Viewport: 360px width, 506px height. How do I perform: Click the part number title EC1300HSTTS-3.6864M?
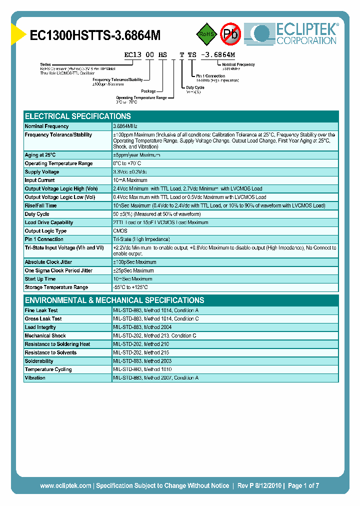[95, 35]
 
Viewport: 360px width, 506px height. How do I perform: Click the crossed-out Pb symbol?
[230, 34]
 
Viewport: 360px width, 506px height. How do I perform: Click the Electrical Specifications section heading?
[78, 116]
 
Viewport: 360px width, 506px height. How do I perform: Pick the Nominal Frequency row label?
[47, 126]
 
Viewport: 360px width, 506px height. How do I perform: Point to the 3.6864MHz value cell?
[125, 126]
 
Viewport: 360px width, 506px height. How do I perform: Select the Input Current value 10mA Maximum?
[130, 180]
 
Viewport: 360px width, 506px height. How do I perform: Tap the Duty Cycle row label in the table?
[37, 214]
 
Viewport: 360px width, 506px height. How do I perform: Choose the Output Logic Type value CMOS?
[120, 231]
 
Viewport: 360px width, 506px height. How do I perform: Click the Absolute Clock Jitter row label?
[49, 262]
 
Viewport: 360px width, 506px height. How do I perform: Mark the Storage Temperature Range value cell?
[130, 287]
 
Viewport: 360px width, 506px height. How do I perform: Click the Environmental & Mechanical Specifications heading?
[114, 300]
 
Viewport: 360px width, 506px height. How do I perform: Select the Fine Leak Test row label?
[41, 310]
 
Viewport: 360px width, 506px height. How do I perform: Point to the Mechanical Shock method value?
[154, 336]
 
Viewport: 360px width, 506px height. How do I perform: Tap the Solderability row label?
[39, 361]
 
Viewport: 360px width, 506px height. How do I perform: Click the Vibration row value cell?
[155, 378]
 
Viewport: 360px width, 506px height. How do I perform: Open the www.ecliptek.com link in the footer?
[65, 485]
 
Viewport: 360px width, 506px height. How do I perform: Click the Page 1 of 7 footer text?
[303, 485]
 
